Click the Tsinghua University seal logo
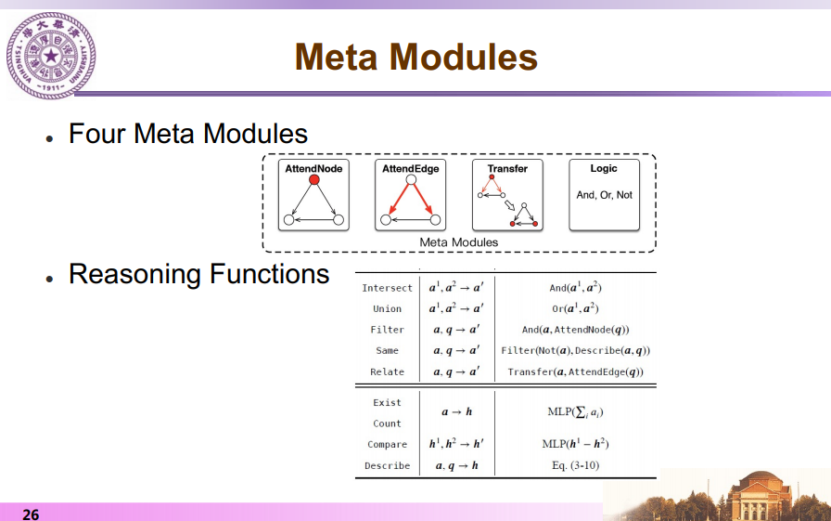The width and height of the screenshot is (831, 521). pyautogui.click(x=51, y=55)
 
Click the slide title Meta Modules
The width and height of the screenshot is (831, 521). pyautogui.click(x=416, y=57)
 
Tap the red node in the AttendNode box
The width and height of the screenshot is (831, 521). pyautogui.click(x=314, y=179)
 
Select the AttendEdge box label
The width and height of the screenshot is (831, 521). pyautogui.click(x=411, y=169)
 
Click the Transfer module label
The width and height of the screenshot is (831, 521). pyautogui.click(x=507, y=169)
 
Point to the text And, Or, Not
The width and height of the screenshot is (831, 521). pyautogui.click(x=604, y=195)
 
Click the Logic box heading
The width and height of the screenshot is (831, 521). pyautogui.click(x=604, y=168)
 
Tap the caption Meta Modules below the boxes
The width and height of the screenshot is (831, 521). pyautogui.click(x=459, y=242)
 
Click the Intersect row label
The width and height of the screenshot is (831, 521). pyautogui.click(x=387, y=288)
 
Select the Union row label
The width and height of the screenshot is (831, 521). pyautogui.click(x=387, y=308)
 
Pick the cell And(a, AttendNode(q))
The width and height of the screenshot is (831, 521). pyautogui.click(x=576, y=330)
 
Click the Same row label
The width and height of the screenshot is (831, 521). pyautogui.click(x=387, y=351)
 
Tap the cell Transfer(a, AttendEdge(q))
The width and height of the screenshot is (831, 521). pyautogui.click(x=576, y=371)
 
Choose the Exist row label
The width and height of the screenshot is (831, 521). pyautogui.click(x=387, y=403)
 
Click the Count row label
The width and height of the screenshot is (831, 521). pyautogui.click(x=387, y=423)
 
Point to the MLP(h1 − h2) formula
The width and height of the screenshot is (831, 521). pyautogui.click(x=576, y=444)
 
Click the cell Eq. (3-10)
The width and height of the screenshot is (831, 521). pyautogui.click(x=576, y=465)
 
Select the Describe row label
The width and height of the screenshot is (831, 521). pyautogui.click(x=388, y=465)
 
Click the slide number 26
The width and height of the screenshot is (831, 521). pyautogui.click(x=31, y=514)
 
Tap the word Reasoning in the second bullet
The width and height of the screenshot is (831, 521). pyautogui.click(x=135, y=274)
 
